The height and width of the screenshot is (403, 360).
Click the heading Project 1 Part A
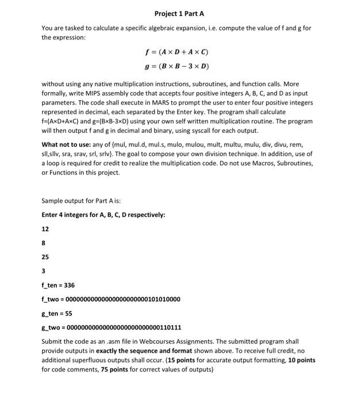coord(179,13)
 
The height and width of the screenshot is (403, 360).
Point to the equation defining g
coord(179,66)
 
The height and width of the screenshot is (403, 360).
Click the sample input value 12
coord(45,229)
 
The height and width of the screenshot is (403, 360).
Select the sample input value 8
coord(44,242)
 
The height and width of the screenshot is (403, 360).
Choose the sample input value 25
coord(45,256)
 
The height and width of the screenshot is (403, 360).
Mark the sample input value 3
coord(44,271)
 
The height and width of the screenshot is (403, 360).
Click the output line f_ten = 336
coord(58,285)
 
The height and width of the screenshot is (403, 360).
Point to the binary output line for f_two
coord(111,299)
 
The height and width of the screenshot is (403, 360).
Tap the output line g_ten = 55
coord(57,314)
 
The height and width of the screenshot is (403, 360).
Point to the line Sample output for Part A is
coord(81,201)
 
